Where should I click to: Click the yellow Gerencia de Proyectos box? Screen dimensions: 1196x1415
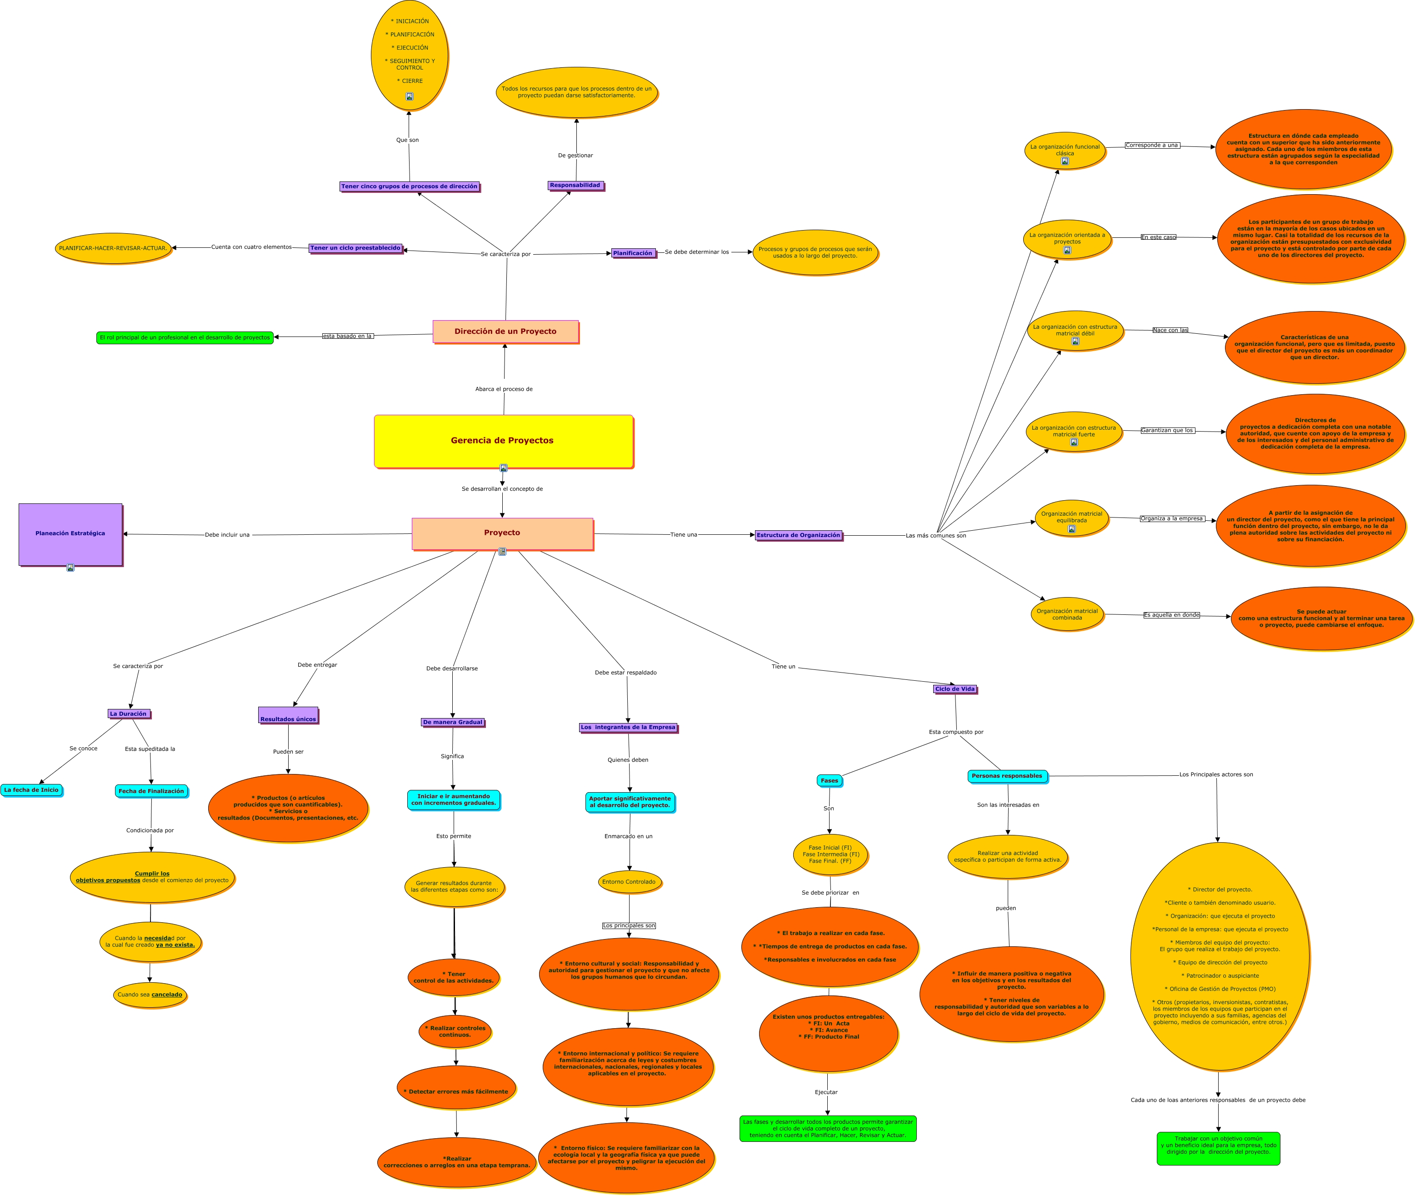pyautogui.click(x=503, y=441)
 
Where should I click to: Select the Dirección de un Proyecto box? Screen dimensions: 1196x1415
pyautogui.click(x=505, y=332)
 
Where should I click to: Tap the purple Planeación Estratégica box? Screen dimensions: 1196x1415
pyautogui.click(x=70, y=533)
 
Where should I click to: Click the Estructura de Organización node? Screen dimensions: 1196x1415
pyautogui.click(x=798, y=535)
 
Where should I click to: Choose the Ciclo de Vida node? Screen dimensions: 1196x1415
pyautogui.click(x=955, y=689)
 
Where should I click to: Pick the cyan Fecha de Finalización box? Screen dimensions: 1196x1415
pyautogui.click(x=151, y=790)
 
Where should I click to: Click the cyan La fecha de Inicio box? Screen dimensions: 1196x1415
pyautogui.click(x=31, y=790)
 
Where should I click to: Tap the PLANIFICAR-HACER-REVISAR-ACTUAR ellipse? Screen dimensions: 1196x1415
pyautogui.click(x=113, y=248)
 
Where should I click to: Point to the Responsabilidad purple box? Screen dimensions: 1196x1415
pyautogui.click(x=575, y=185)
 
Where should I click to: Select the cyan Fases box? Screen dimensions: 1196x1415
pyautogui.click(x=830, y=780)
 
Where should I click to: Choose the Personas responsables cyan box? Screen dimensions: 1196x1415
pyautogui.click(x=1007, y=776)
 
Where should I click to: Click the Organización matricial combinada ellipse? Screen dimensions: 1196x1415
pyautogui.click(x=1067, y=614)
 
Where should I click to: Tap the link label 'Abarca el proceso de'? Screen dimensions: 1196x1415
pyautogui.click(x=504, y=389)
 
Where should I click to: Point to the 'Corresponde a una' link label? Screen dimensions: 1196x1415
pyautogui.click(x=1152, y=145)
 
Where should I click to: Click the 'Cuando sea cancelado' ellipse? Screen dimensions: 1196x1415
pyautogui.click(x=150, y=995)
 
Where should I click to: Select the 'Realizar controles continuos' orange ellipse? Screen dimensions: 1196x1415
pyautogui.click(x=455, y=1031)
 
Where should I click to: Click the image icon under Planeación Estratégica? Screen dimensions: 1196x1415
pyautogui.click(x=70, y=568)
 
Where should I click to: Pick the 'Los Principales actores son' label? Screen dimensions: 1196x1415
pyautogui.click(x=1216, y=774)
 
